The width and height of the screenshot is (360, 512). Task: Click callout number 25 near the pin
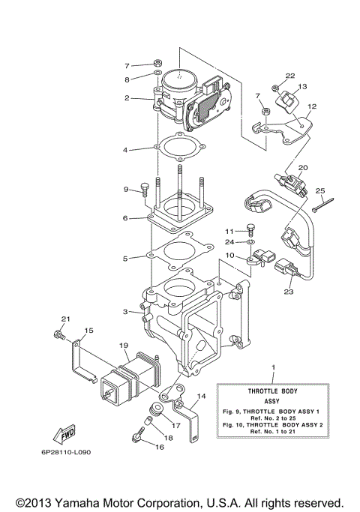(x=319, y=192)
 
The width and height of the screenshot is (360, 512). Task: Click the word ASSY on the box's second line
(x=272, y=403)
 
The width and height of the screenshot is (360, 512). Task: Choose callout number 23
(x=289, y=293)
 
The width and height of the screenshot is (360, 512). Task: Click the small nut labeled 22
(x=276, y=90)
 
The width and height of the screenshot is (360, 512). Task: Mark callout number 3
(x=127, y=310)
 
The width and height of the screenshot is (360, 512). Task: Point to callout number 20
(x=303, y=168)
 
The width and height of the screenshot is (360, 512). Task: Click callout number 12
(x=312, y=106)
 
